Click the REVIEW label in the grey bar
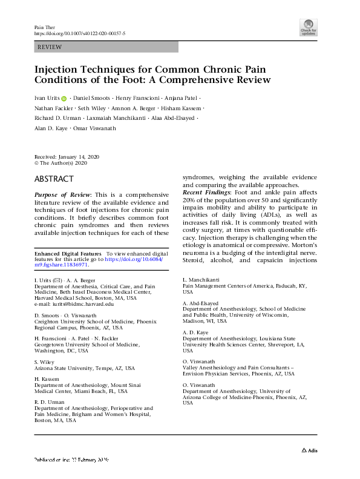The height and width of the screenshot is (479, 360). (50, 47)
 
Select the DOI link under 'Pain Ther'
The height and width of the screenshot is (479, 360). (79, 34)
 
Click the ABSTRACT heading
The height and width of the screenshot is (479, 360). (54, 179)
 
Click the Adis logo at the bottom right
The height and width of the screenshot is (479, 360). (310, 450)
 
